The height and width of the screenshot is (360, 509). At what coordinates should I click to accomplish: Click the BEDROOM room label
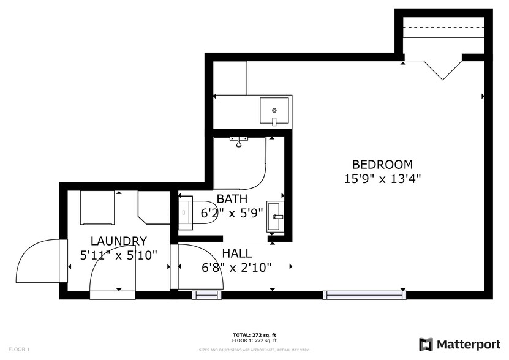382,165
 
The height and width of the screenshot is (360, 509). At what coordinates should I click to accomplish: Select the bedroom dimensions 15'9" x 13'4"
382,179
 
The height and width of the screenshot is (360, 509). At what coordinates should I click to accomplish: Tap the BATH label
232,199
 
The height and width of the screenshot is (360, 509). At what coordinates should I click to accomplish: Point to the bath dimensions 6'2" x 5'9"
232,213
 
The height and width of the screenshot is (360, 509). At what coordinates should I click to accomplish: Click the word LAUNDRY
118,241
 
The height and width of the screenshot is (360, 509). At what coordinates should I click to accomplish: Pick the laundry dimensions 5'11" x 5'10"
118,254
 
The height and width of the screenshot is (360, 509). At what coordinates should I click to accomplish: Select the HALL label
236,253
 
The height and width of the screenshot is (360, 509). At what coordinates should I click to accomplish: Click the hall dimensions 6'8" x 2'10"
236,267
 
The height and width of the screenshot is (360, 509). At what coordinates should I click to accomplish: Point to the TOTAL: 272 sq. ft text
254,335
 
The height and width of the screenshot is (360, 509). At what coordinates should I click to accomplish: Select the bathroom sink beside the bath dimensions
276,216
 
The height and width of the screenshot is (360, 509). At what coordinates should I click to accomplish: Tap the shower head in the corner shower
239,142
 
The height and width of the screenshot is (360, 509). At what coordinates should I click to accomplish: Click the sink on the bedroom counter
275,111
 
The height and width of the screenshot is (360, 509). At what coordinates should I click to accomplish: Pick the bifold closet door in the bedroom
442,69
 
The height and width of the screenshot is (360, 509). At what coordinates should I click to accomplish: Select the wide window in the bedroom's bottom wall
364,295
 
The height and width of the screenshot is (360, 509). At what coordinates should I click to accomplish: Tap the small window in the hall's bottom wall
206,295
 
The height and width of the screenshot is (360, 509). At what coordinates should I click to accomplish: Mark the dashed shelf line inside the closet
443,28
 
